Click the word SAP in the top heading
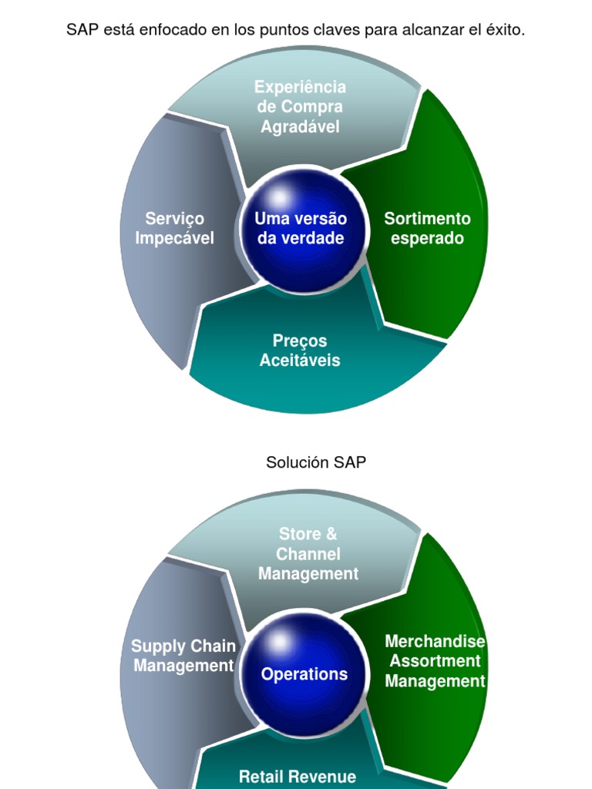coord(81,30)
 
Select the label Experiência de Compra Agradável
coord(301,107)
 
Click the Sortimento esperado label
coord(427,228)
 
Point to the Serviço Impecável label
coord(175,228)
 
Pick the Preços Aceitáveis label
coord(300,351)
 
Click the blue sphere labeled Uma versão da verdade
coord(301,228)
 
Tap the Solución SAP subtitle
coord(316,462)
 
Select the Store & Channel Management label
coord(308,554)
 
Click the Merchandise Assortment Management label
coord(435,661)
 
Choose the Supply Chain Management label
coord(183,656)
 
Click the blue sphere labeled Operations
coord(304,674)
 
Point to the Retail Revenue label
coord(298,777)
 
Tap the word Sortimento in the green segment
coord(427,218)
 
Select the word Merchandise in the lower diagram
coord(435,641)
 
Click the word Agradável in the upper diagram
coord(300,127)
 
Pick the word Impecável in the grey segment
coord(175,238)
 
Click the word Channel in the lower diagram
coord(308,554)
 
